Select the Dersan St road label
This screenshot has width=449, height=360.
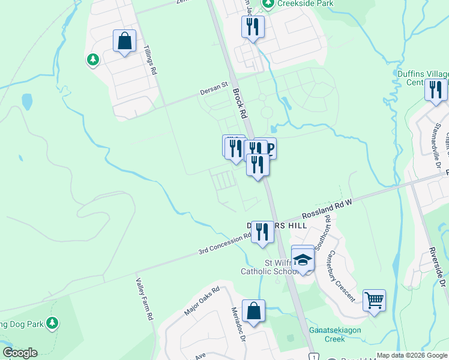coord(215,89)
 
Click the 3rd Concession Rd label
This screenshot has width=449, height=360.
coord(225,244)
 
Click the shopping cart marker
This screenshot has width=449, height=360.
coord(374,299)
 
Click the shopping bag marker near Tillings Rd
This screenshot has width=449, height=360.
coord(124,41)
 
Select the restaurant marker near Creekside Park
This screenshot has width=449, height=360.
coord(253,26)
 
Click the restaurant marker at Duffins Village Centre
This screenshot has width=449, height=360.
coord(435,89)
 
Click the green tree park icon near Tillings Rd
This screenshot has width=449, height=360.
coord(92,59)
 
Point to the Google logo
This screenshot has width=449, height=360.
coord(20,353)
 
